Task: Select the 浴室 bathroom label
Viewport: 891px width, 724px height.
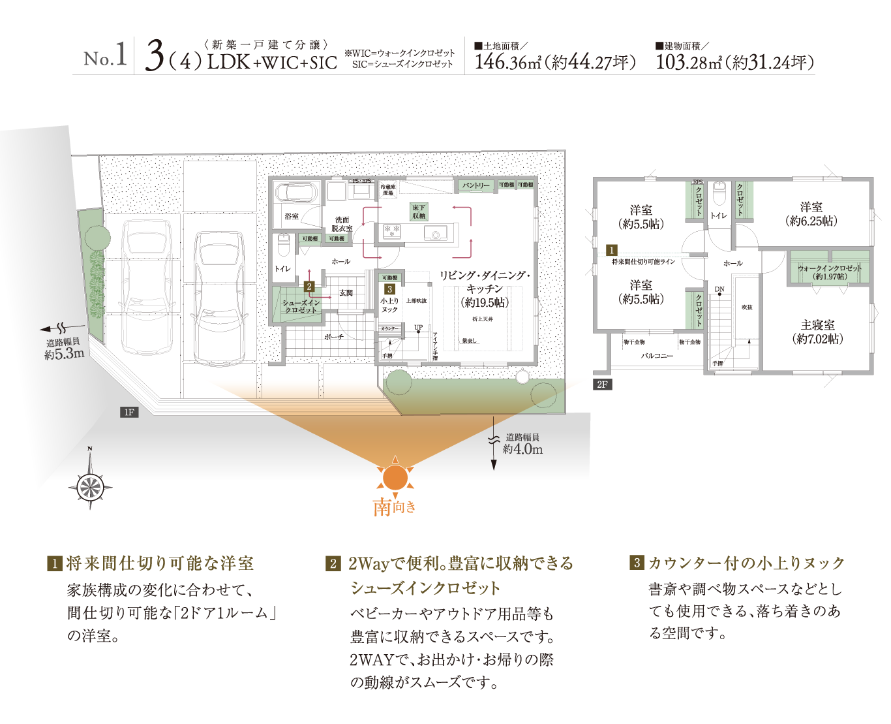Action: [291, 215]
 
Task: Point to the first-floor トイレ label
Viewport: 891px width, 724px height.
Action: [282, 269]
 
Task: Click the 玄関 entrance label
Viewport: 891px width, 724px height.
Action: [346, 293]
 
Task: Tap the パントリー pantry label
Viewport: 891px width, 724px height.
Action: [476, 185]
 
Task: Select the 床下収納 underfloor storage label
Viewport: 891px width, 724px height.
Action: [418, 212]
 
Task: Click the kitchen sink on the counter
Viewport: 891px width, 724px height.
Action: [435, 232]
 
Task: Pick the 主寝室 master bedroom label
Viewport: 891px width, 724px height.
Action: [817, 332]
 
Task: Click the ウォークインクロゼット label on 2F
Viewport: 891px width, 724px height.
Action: [829, 272]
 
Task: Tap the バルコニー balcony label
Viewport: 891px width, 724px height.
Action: [656, 356]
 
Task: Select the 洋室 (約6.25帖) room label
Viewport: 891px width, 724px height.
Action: [811, 213]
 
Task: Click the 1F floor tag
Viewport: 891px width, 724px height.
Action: [128, 412]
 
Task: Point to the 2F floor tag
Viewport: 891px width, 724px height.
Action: [601, 385]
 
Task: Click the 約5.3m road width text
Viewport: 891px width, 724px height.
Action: [64, 354]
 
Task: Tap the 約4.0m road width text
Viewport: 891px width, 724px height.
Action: [522, 449]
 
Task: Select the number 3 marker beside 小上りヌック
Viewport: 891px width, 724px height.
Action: [389, 289]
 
